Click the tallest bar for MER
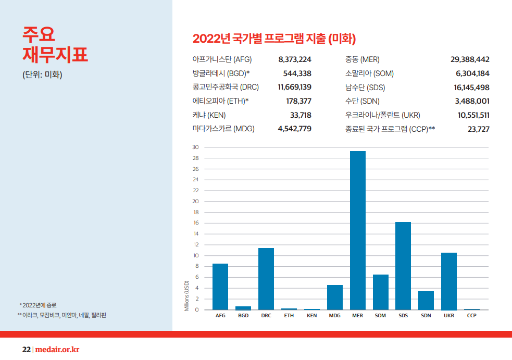click(357, 230)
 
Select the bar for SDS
click(403, 266)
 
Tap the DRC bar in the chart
click(266, 279)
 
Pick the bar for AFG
click(220, 287)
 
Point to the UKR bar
click(449, 281)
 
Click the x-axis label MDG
click(335, 316)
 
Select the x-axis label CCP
click(472, 316)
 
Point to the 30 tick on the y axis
click(195, 147)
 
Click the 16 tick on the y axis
click(195, 223)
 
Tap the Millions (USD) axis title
click(186, 296)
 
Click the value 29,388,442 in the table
click(470, 60)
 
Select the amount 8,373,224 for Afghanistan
click(295, 60)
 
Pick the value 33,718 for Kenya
click(301, 115)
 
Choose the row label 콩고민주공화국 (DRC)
click(226, 88)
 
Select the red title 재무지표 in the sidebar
click(55, 55)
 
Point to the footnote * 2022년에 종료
click(38, 305)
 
